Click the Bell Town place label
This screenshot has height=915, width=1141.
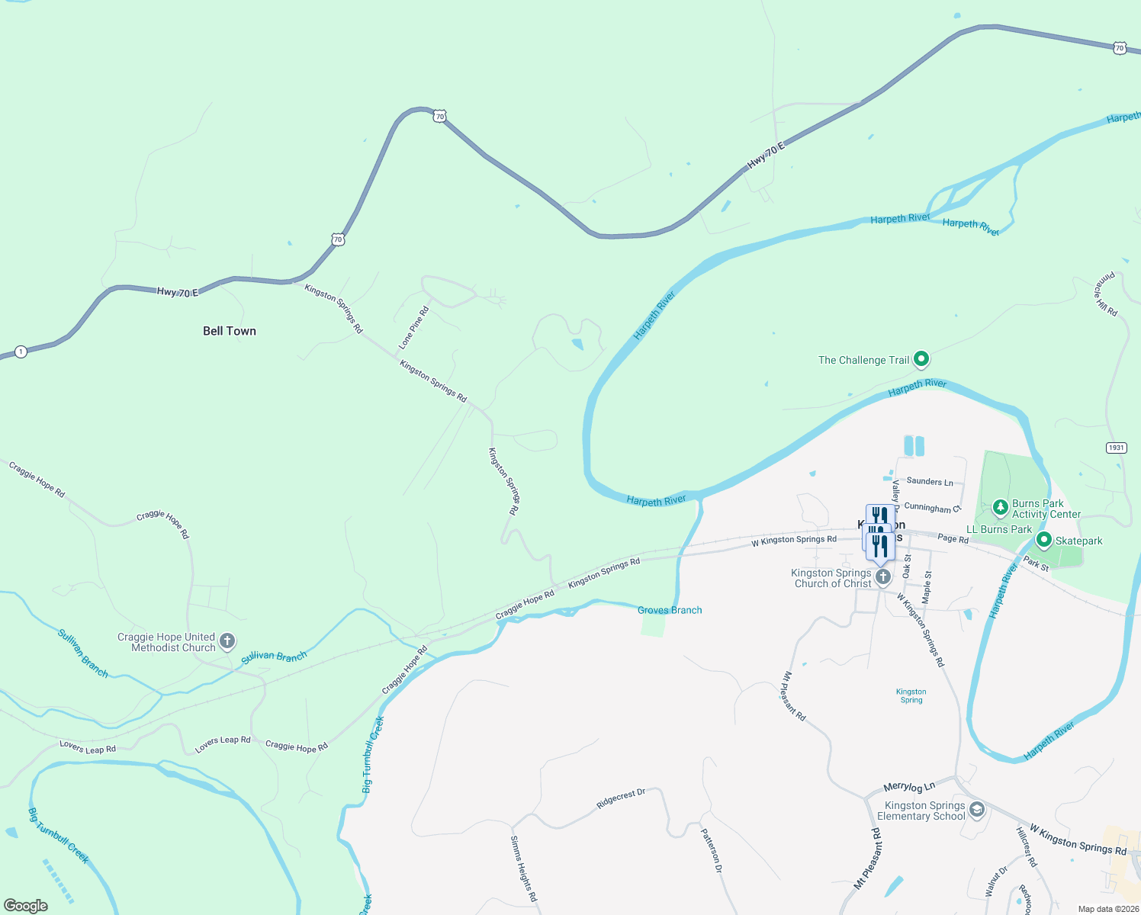[230, 331]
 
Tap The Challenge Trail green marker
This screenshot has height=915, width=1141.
[921, 358]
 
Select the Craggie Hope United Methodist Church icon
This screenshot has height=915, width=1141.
[227, 641]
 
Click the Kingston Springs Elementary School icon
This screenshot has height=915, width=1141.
[977, 810]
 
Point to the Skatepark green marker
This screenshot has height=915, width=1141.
[1044, 540]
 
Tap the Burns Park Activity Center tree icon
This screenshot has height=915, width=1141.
[1001, 507]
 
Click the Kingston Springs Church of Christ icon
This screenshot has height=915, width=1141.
[882, 576]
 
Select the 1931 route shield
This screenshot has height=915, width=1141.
[1116, 448]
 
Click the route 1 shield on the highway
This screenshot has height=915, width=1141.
[21, 352]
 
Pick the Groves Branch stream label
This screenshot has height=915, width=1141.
[670, 610]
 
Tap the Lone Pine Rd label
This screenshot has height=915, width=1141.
[414, 328]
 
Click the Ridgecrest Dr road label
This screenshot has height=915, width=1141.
[621, 798]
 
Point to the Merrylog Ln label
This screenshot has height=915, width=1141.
[909, 787]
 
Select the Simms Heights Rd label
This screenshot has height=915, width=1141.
[523, 868]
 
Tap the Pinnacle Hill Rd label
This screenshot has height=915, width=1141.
[1107, 294]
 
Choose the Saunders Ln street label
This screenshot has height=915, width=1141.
[930, 481]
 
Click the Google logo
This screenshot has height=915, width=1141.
[25, 905]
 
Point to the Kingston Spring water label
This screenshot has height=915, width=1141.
[911, 695]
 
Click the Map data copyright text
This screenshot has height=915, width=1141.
[1108, 909]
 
